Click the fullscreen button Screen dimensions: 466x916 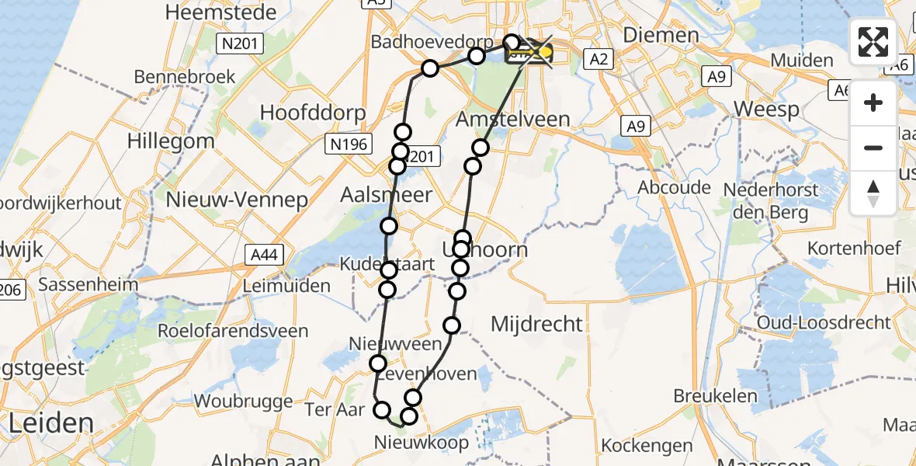point(873,42)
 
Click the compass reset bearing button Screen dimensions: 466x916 point(873,193)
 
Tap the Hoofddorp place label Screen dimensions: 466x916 point(312,113)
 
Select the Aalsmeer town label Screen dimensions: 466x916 point(387,195)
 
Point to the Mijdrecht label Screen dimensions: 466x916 point(536,324)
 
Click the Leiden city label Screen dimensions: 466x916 point(51,424)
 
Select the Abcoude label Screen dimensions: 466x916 point(674,187)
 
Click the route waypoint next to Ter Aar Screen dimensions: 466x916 point(382,410)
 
